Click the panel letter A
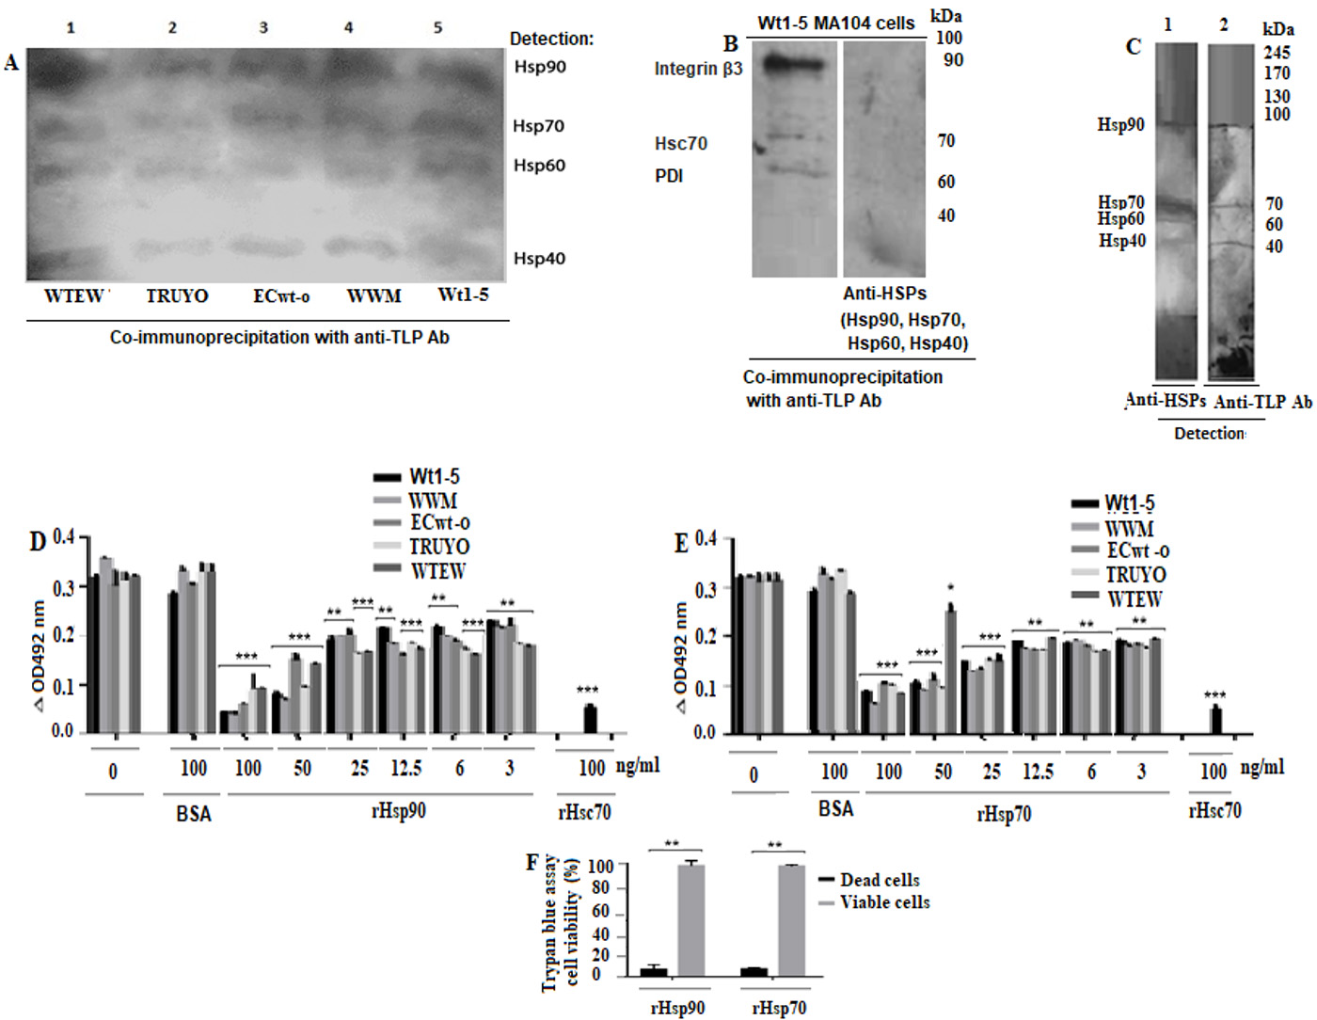coord(11,63)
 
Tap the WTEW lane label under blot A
coord(75,295)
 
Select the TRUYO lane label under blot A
coord(177,295)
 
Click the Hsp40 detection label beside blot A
coord(539,258)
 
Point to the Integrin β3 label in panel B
coord(698,69)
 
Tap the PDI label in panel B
coord(669,176)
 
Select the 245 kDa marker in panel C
coord(1277,53)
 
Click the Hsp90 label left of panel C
coord(1120,124)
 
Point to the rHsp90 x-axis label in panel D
coord(399,810)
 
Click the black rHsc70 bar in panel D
coord(590,719)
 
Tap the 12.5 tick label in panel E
coord(1038,772)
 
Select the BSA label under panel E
coord(835,809)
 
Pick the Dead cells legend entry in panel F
coord(880,880)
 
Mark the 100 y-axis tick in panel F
coord(600,866)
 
